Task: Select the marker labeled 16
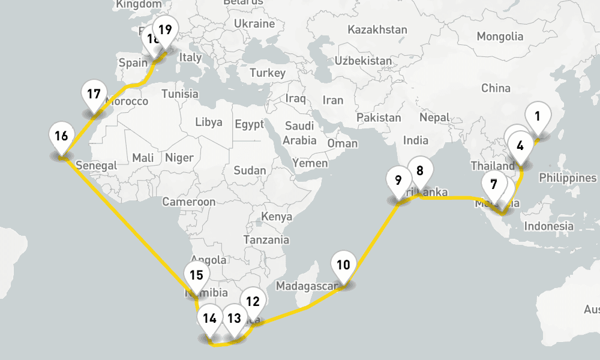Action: click(x=61, y=136)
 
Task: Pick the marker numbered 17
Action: click(x=94, y=95)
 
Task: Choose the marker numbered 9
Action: click(x=398, y=180)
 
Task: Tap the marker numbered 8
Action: click(x=420, y=171)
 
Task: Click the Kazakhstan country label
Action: click(x=377, y=29)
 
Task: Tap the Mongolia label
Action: click(x=500, y=37)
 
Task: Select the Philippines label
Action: click(x=568, y=178)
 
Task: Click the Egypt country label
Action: click(x=250, y=125)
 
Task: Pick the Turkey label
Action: click(x=268, y=73)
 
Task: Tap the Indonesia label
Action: click(x=549, y=226)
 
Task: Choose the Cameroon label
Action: click(x=189, y=202)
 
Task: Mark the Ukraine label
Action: click(x=254, y=23)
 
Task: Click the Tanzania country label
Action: click(x=266, y=239)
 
